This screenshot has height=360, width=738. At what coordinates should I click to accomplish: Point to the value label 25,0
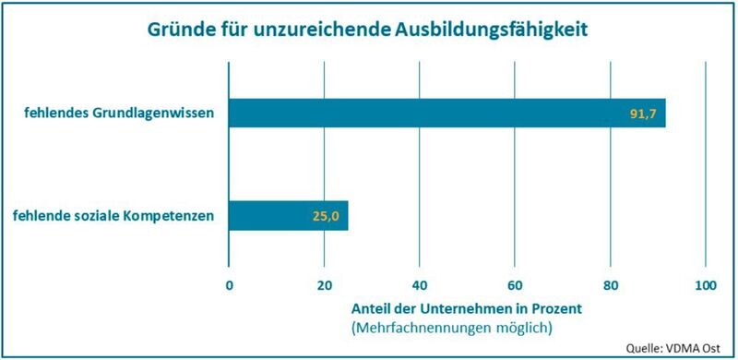point(324,217)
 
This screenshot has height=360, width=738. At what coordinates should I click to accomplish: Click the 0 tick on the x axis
point(229,285)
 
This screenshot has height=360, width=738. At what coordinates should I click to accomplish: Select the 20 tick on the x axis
point(324,285)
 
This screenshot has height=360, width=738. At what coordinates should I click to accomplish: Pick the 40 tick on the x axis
point(420,285)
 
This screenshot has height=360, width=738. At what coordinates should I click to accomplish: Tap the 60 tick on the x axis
point(515,285)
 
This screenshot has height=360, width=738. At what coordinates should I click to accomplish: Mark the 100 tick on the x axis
point(705,285)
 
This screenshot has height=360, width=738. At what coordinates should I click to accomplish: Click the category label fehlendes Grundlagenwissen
point(120,114)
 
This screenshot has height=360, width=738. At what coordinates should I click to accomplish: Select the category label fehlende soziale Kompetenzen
point(114,217)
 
